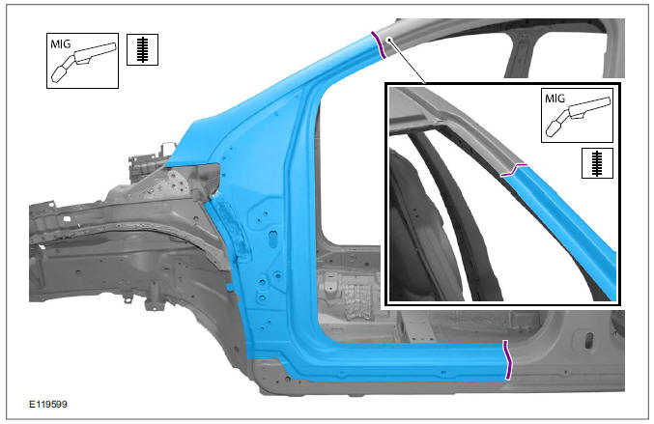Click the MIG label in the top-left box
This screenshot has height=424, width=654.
64,42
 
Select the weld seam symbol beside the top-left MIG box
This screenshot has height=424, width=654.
142,50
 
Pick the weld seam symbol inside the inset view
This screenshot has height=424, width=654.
593,163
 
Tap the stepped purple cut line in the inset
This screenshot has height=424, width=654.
517,169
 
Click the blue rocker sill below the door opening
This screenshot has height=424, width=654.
406,361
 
